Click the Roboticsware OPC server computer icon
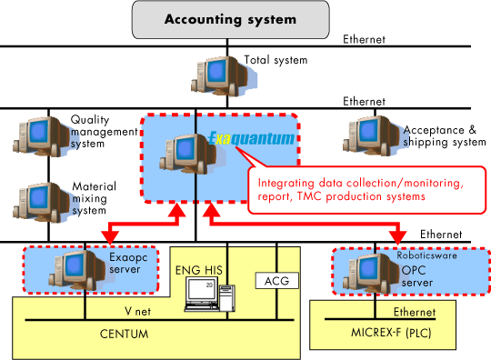point(365,268)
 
